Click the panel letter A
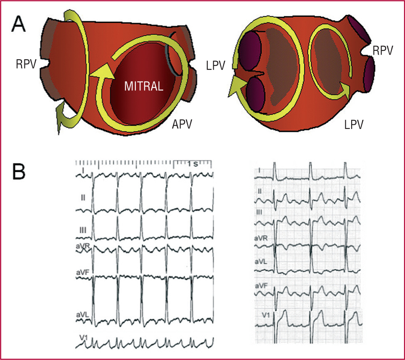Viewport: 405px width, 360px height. tap(21, 25)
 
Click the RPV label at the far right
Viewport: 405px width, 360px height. tap(383, 51)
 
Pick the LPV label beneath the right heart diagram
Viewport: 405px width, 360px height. tap(352, 125)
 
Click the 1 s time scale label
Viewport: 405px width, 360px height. tap(193, 164)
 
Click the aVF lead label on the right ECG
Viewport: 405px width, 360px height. tap(262, 286)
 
